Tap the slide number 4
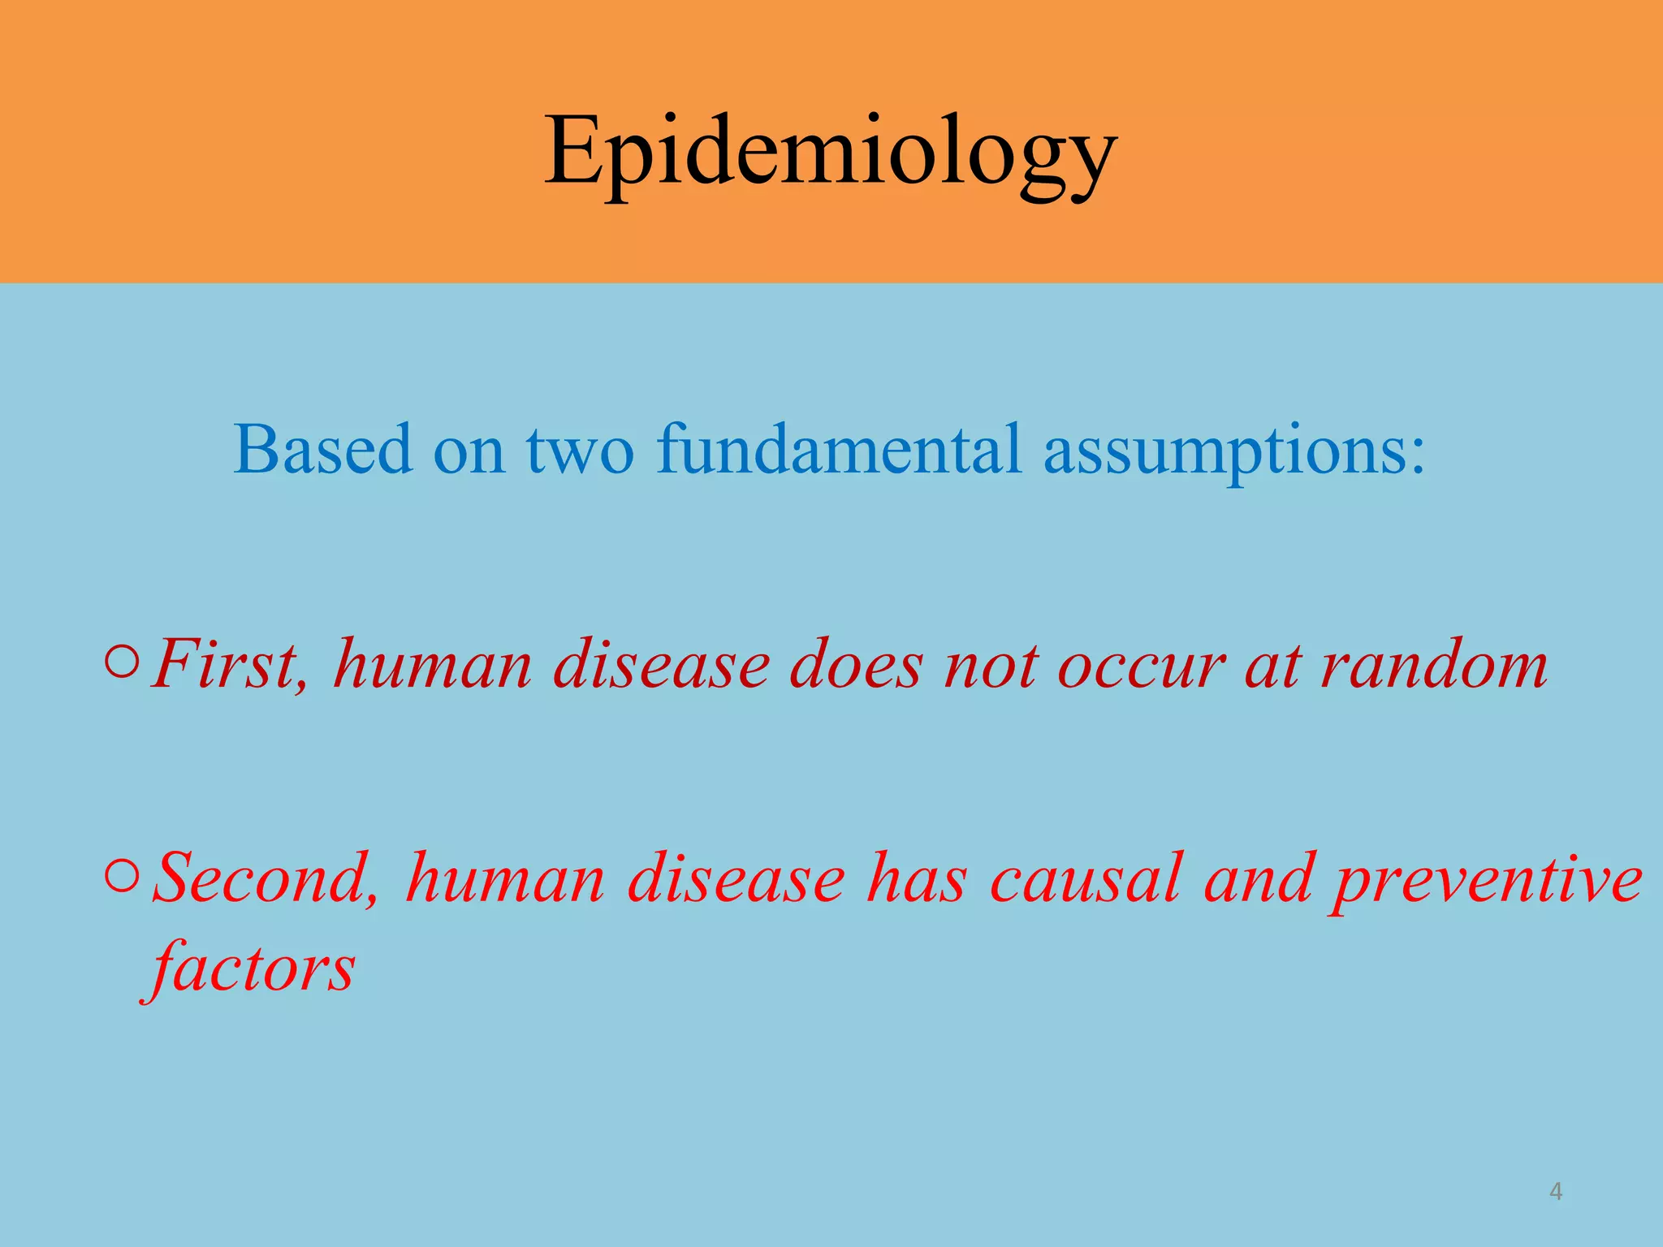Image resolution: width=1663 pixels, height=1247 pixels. click(x=1556, y=1192)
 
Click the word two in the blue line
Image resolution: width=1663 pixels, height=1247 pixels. click(x=580, y=451)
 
